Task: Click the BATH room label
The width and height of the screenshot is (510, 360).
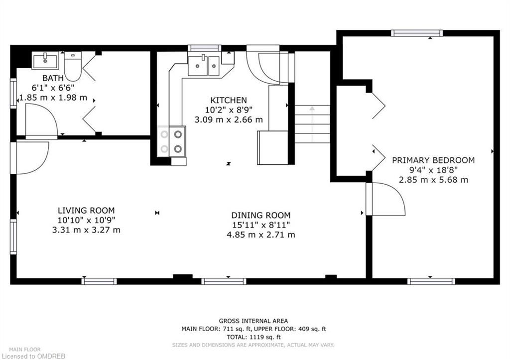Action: (x=53, y=78)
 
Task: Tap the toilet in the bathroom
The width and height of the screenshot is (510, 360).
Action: (x=73, y=66)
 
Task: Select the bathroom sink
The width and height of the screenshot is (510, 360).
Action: (x=45, y=60)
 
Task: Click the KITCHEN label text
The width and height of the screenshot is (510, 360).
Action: (x=229, y=100)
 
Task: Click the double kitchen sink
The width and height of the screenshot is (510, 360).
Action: (x=204, y=65)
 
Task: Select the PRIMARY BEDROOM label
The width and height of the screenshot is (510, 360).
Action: (x=433, y=160)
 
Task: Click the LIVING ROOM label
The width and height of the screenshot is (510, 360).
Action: (x=86, y=211)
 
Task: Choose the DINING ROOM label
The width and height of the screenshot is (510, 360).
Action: (x=261, y=215)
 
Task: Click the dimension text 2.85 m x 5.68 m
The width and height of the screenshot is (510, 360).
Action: (x=434, y=180)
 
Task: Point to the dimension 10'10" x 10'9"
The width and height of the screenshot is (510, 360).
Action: (x=86, y=220)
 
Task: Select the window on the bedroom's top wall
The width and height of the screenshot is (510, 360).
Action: (x=417, y=33)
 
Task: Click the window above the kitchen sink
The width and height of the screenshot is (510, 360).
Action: (x=205, y=48)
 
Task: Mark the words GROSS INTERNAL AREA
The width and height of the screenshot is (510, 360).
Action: (x=254, y=321)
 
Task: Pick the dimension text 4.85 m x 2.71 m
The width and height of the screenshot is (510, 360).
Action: (x=261, y=235)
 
